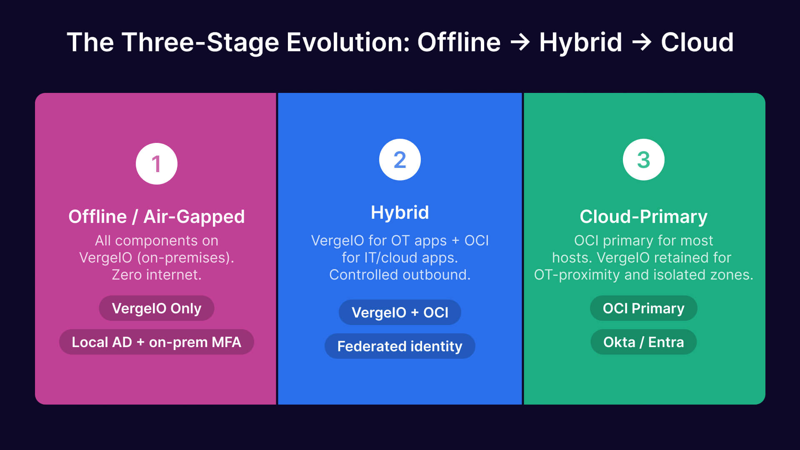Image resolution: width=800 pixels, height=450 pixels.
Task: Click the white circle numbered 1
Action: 157,164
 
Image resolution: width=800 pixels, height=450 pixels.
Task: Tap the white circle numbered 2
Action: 400,160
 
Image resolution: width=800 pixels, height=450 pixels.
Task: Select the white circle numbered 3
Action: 643,160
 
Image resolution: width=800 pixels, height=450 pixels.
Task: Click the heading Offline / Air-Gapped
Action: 157,217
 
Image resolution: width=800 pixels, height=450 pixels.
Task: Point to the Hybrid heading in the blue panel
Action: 400,212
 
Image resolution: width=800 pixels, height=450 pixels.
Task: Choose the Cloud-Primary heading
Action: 643,217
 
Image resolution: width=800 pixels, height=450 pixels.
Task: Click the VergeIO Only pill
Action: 157,308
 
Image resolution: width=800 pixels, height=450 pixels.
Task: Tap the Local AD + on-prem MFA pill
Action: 157,342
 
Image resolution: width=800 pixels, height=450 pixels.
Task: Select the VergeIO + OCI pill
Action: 400,312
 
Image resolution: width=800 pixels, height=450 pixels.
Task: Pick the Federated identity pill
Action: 400,346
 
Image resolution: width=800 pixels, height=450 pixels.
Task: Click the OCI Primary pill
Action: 643,308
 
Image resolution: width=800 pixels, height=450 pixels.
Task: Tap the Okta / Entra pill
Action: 643,342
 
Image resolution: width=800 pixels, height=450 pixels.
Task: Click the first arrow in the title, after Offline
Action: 520,42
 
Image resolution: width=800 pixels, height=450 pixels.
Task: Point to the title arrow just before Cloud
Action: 642,42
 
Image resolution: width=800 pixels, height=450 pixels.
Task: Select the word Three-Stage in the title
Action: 200,42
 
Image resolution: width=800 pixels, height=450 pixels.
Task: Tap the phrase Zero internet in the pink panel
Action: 157,275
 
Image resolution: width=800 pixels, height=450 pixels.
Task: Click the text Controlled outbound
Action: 400,275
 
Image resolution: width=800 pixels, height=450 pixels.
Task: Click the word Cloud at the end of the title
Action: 697,42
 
